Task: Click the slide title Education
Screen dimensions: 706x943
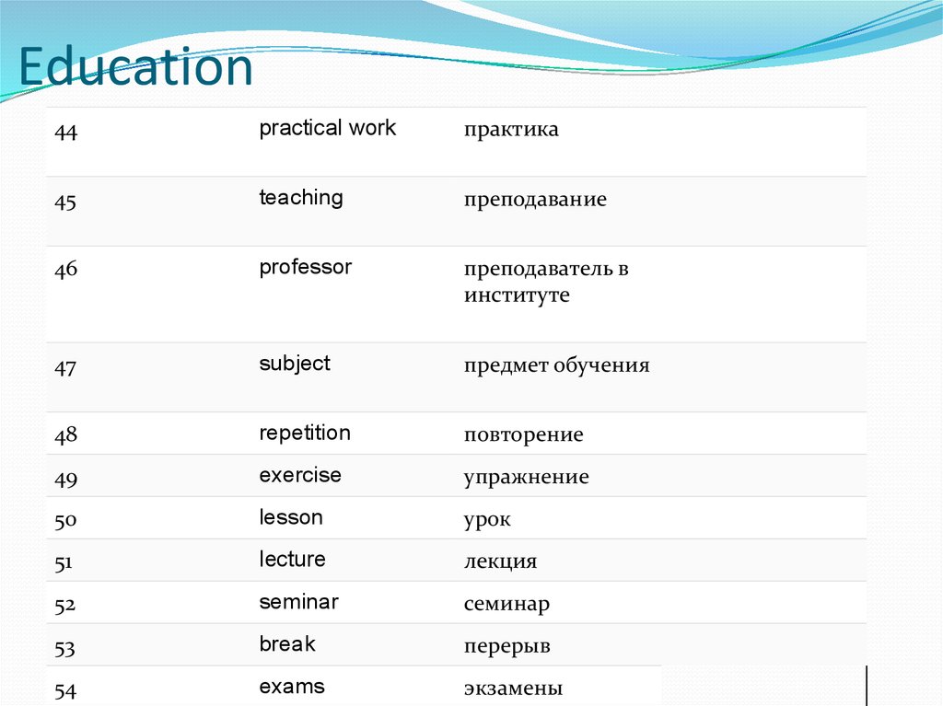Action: [136, 68]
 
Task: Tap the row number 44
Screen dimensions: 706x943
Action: [65, 133]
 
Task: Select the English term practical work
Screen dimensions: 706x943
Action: [327, 128]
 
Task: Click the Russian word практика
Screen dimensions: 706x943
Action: [511, 131]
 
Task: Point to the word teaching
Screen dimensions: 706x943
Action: [300, 198]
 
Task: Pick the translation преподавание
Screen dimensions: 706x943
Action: [535, 200]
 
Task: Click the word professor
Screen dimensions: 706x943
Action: [305, 268]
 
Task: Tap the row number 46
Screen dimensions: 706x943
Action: [65, 271]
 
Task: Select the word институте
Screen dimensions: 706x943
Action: [517, 295]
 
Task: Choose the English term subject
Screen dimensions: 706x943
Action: [294, 364]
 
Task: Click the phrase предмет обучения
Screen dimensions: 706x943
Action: [556, 365]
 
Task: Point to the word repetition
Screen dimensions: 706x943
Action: [305, 433]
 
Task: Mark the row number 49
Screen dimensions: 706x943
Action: [65, 479]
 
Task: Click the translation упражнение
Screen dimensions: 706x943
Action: [526, 478]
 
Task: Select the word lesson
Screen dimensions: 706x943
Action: [291, 517]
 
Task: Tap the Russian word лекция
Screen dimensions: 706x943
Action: [500, 561]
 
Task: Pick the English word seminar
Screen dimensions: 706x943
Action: [298, 602]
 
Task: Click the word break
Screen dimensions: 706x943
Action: [287, 644]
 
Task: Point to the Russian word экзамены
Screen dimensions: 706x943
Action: [513, 689]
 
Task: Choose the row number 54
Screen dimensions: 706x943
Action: [65, 690]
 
